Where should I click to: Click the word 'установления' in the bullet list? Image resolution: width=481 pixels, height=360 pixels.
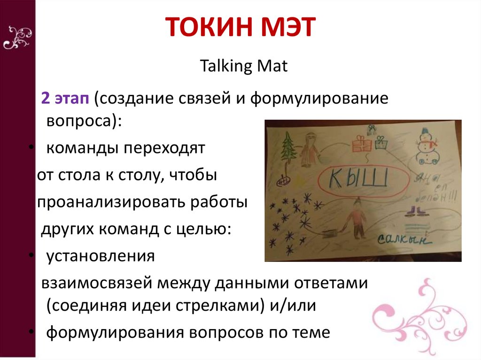pyautogui.click(x=100, y=256)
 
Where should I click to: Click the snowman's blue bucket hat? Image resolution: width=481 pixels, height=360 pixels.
pyautogui.click(x=426, y=130)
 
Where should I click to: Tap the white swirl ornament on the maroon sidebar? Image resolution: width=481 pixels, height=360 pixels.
pyautogui.click(x=17, y=38)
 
